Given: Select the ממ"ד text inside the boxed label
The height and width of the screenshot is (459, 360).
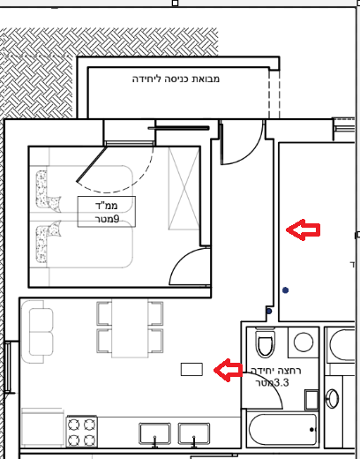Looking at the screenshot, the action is [x=107, y=205].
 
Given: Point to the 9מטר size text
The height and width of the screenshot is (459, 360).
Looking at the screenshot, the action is [x=107, y=219].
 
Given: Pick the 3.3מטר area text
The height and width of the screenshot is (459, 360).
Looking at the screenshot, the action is [x=272, y=383].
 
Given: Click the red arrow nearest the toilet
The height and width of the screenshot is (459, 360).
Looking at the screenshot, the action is [x=229, y=370].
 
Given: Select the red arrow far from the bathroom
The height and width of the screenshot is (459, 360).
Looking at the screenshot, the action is [x=303, y=229].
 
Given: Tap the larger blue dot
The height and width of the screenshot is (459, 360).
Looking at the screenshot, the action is [x=285, y=290].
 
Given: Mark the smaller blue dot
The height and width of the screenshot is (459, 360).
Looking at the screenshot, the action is [x=269, y=311].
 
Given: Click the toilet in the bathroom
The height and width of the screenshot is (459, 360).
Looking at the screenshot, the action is [x=266, y=342].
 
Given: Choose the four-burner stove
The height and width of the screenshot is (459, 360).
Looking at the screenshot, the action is [x=82, y=432].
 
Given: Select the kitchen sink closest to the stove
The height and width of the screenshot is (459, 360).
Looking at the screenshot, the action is [x=154, y=433].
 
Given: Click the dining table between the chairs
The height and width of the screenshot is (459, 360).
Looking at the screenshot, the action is [x=130, y=328].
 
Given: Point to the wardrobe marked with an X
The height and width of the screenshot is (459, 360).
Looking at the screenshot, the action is [x=184, y=189].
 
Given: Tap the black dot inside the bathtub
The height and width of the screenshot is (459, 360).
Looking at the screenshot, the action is [x=311, y=430].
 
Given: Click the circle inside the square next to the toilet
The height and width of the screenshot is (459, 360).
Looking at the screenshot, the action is [x=304, y=342].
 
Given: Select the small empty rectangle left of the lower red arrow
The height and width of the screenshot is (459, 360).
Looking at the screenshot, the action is [x=191, y=370].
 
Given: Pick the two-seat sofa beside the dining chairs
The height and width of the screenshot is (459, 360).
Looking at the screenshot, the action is [x=38, y=332].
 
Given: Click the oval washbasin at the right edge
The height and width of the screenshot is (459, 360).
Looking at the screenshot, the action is [x=333, y=399].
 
